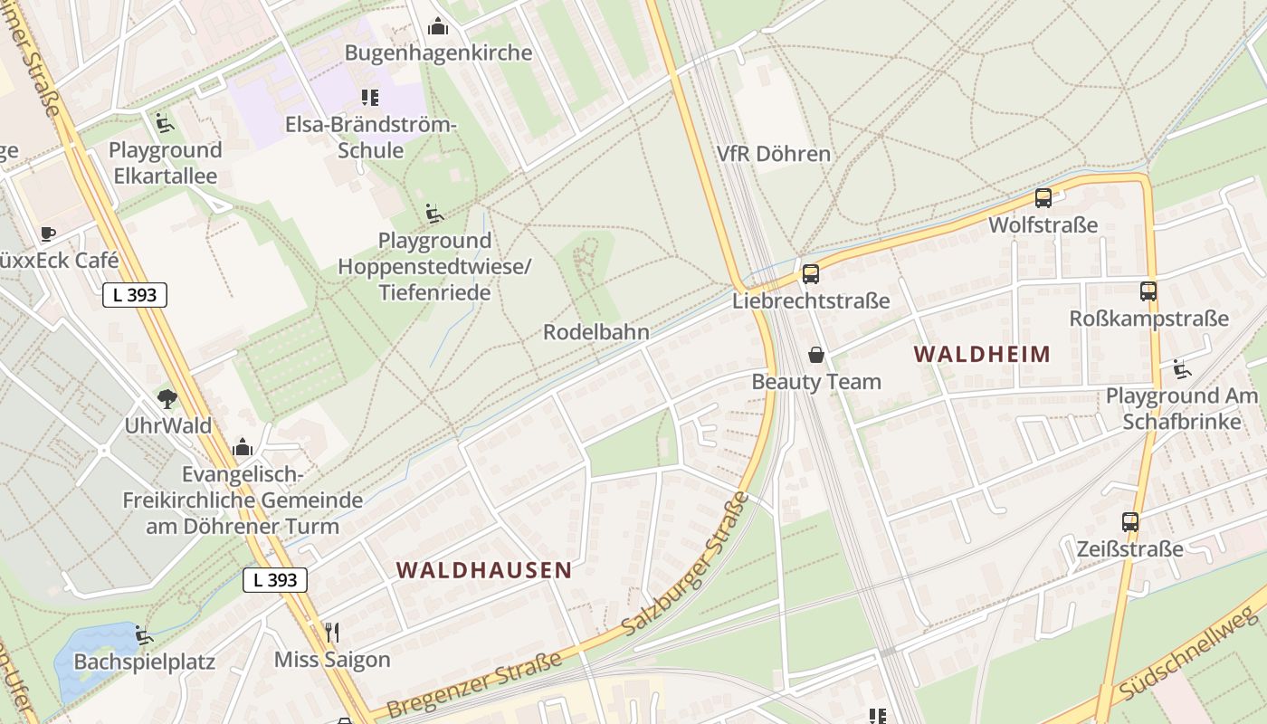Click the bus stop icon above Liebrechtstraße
(810, 273)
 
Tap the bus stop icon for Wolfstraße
(1043, 197)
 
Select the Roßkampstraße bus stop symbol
(1148, 291)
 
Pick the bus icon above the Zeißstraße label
(1130, 521)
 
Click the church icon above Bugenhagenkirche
(438, 25)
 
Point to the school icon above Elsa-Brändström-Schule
(369, 97)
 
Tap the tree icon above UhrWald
(167, 398)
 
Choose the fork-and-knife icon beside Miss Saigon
(332, 632)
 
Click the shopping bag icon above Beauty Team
(816, 354)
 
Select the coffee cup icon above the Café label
(47, 233)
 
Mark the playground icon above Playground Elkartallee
(165, 122)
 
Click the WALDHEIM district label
(982, 354)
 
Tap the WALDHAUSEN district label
(484, 570)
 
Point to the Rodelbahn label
(596, 332)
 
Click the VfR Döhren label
(773, 154)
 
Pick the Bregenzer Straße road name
(473, 685)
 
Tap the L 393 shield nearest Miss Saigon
(275, 580)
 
